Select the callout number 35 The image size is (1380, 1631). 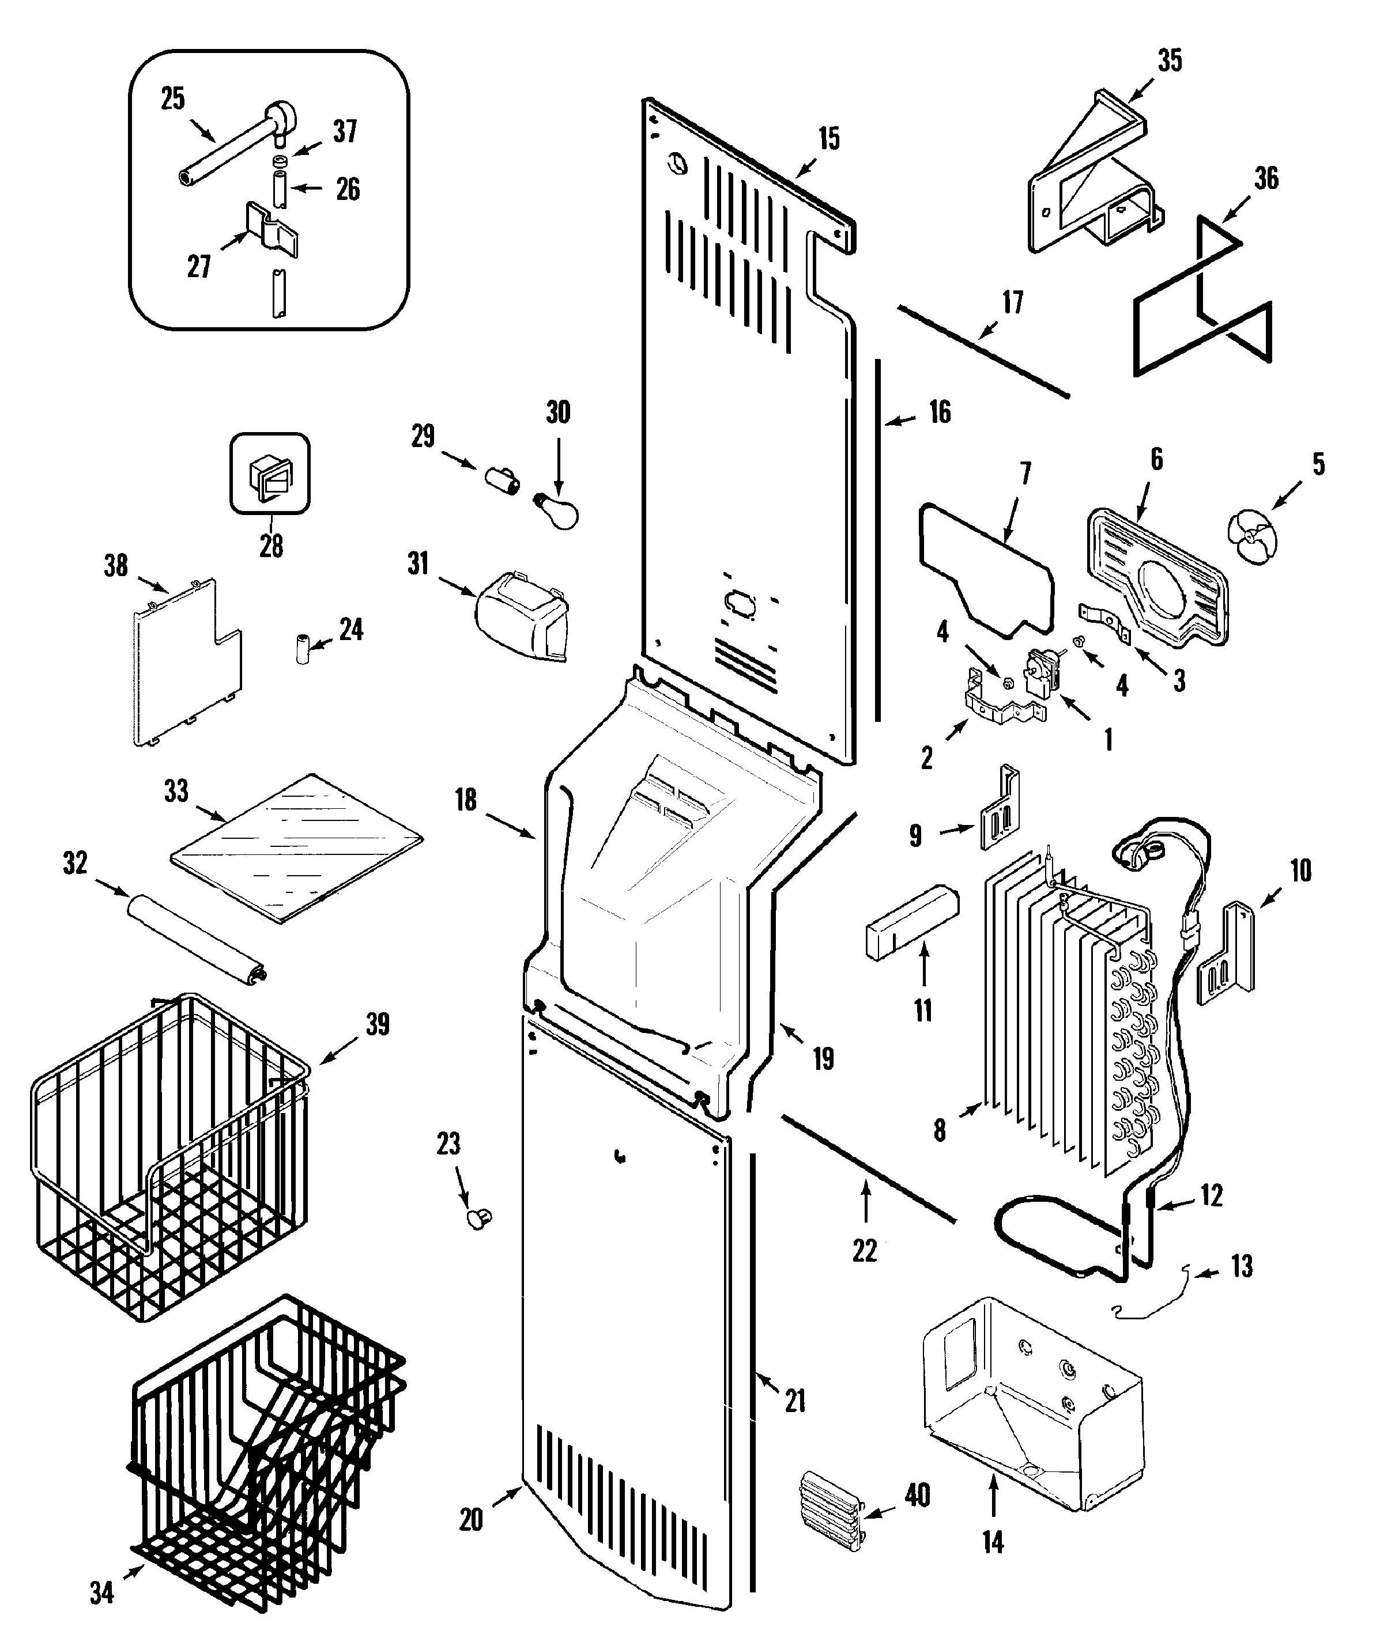1170,61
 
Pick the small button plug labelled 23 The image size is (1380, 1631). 479,1217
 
